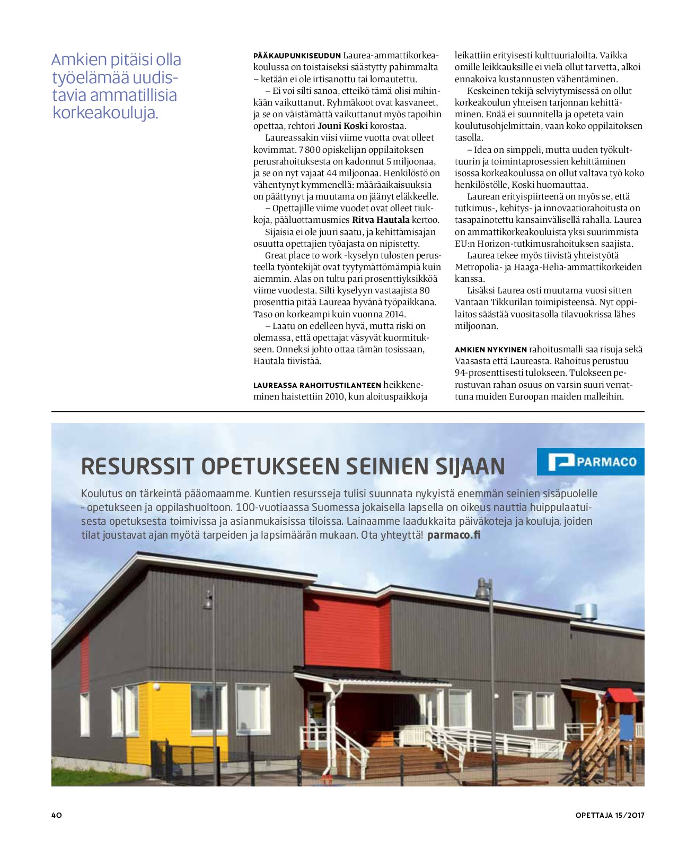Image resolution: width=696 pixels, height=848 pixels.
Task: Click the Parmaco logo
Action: (x=591, y=462)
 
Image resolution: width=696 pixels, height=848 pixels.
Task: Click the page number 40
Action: (x=57, y=815)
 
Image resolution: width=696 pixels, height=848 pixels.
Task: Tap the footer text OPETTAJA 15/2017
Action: (x=610, y=815)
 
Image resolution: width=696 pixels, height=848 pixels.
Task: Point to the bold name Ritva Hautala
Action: (x=381, y=220)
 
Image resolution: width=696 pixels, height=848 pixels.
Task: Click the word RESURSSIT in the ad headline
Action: (x=138, y=466)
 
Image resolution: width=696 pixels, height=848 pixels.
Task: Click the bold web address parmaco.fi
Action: (x=453, y=535)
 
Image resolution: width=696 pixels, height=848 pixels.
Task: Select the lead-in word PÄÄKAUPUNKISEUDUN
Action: (x=297, y=56)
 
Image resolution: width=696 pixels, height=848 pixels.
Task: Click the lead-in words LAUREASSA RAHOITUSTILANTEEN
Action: (x=317, y=385)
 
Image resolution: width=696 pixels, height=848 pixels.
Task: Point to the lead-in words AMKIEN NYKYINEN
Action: (x=490, y=350)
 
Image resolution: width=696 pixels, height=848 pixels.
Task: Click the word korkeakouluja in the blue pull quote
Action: (x=105, y=113)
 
